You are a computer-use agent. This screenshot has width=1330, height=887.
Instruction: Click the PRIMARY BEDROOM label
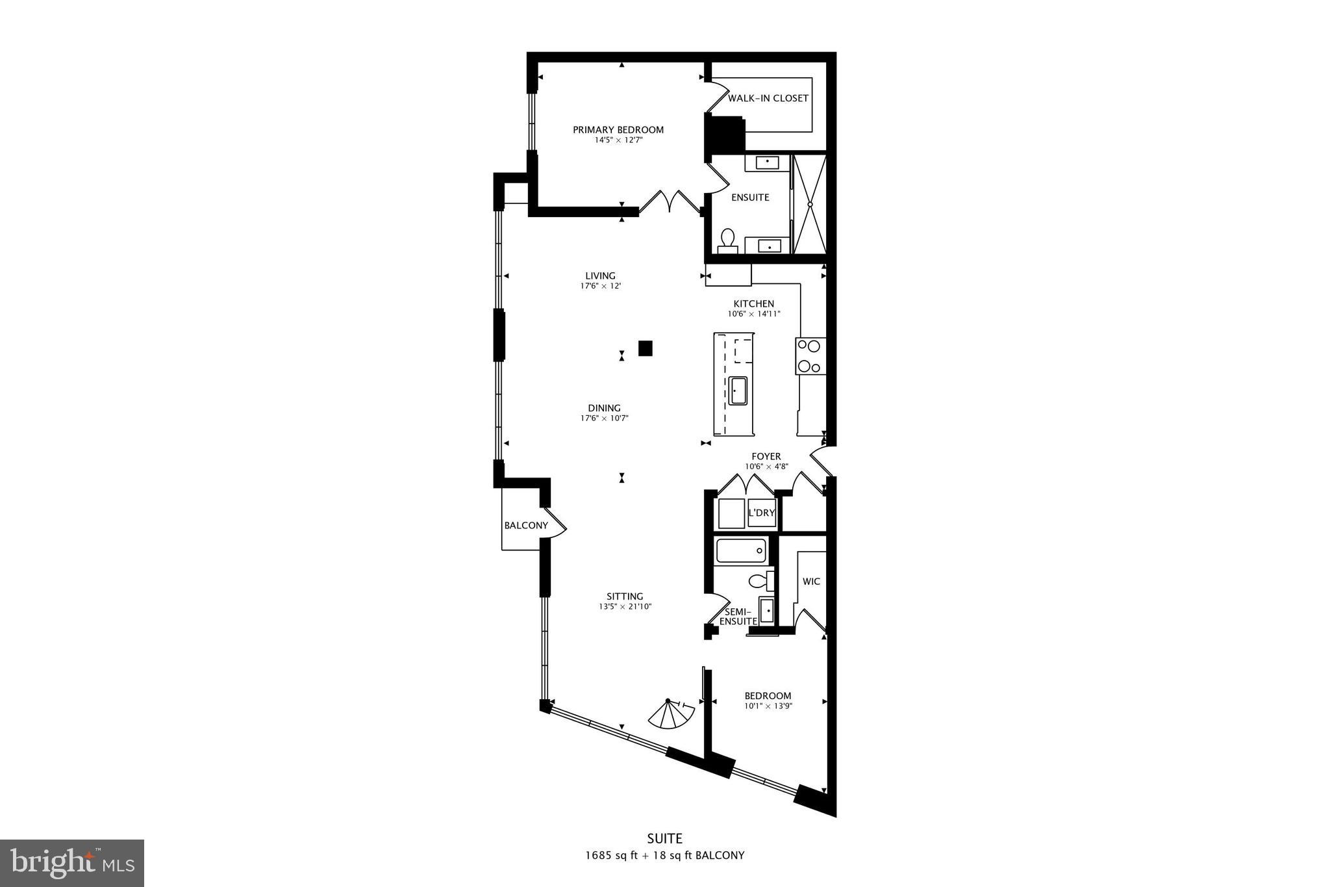(x=618, y=130)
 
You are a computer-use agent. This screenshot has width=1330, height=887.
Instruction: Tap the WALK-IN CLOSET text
(x=768, y=98)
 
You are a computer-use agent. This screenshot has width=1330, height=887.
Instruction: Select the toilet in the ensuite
(x=727, y=240)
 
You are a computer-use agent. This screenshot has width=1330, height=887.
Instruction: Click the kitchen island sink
(x=738, y=391)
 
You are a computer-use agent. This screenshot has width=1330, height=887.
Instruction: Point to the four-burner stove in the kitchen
(x=810, y=355)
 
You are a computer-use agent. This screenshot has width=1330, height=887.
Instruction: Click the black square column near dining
(x=645, y=348)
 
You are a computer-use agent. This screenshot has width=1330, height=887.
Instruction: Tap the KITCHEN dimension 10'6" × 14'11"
(x=753, y=314)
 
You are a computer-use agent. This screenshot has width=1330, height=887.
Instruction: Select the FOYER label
(x=766, y=456)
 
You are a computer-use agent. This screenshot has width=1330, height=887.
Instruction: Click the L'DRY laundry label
(x=761, y=513)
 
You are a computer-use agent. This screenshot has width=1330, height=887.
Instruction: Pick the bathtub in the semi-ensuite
(x=741, y=551)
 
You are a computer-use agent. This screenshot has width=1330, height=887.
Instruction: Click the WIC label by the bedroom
(x=811, y=582)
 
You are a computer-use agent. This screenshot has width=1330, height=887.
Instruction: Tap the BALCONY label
(x=526, y=525)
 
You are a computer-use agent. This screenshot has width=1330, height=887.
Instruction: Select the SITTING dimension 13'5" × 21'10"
(x=625, y=606)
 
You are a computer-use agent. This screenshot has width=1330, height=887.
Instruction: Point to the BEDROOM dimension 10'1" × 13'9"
(x=768, y=706)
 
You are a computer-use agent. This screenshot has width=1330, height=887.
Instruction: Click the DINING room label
(x=605, y=408)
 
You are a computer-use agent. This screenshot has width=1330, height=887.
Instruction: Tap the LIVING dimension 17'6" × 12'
(x=601, y=286)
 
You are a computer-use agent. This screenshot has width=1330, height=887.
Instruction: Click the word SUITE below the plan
(x=664, y=838)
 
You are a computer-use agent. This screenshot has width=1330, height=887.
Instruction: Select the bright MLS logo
(x=71, y=862)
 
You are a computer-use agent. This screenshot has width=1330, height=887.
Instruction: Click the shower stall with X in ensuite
(x=810, y=203)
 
